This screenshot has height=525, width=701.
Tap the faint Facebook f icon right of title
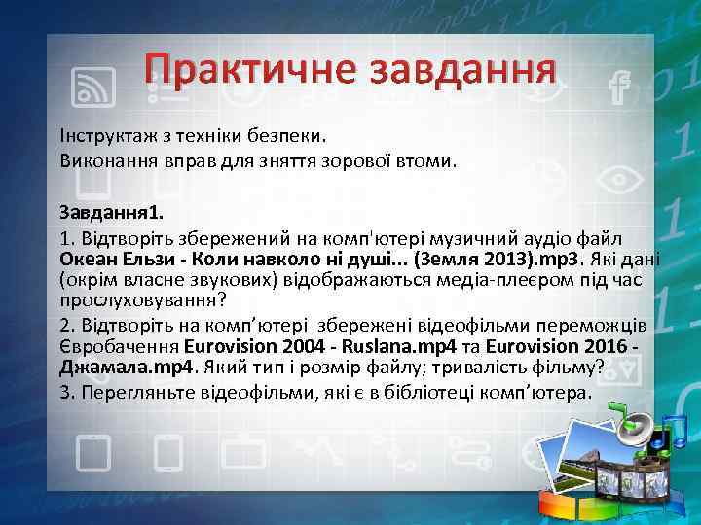616,89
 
